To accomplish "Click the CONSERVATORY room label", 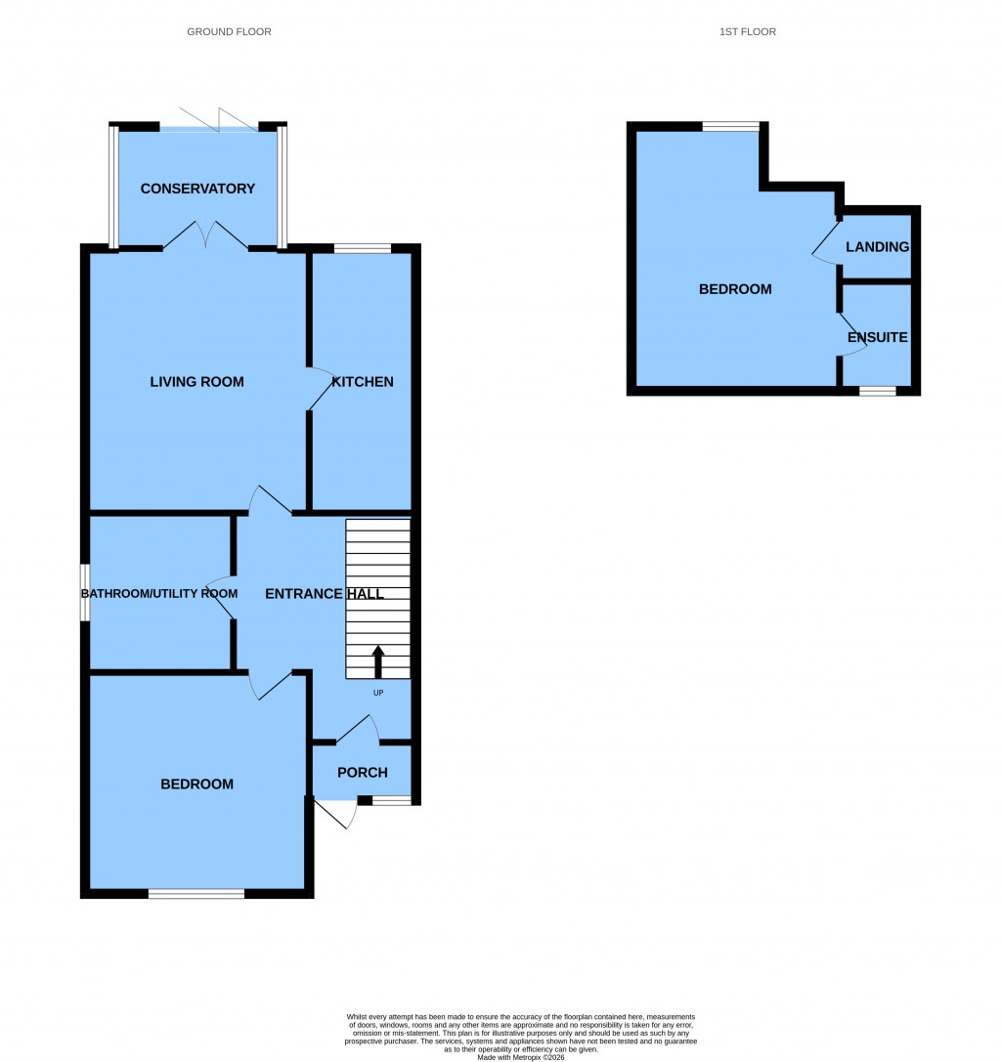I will point(197,189).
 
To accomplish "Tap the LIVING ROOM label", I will point(196,381).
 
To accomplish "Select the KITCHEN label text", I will point(363,381).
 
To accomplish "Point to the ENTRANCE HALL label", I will point(325,594).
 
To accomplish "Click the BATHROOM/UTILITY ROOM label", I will point(159,594).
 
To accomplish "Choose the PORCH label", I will point(362,773).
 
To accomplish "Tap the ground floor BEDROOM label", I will point(197,784).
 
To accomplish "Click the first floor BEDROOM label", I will point(735,289).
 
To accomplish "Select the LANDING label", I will point(878,247).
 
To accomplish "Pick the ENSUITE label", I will point(878,338).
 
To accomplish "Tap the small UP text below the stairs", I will point(378,693).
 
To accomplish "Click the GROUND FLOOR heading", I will point(229,32).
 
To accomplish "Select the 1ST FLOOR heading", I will point(747,32).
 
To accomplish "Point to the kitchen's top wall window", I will point(362,248).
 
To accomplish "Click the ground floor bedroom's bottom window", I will point(196,893).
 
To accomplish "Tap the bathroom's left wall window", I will point(85,592).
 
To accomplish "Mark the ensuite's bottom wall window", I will point(877,391).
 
